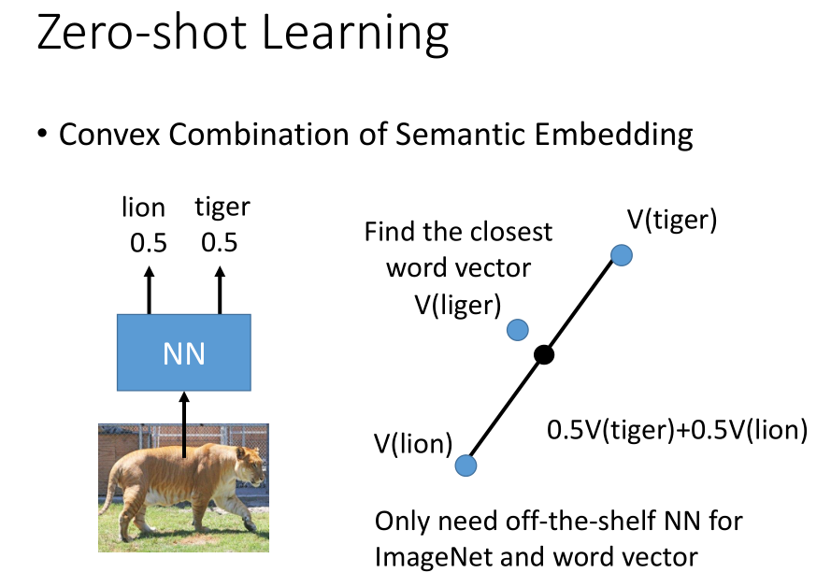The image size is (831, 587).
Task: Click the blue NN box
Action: point(183,352)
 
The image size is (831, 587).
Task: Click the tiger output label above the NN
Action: point(222,208)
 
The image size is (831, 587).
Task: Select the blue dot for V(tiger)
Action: point(622,254)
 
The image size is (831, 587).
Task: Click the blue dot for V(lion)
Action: point(466,465)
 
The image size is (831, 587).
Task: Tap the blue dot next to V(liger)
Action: point(518,329)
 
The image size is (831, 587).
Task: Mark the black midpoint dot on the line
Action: point(544,355)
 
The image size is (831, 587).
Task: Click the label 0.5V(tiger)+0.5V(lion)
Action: point(676,432)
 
